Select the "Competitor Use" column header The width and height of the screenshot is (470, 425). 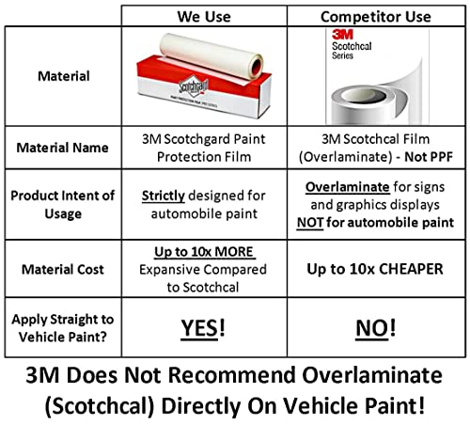click(375, 15)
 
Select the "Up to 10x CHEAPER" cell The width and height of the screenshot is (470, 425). click(375, 268)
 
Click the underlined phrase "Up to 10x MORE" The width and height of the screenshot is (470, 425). click(206, 252)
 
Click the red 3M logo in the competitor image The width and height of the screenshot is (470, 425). click(340, 34)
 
